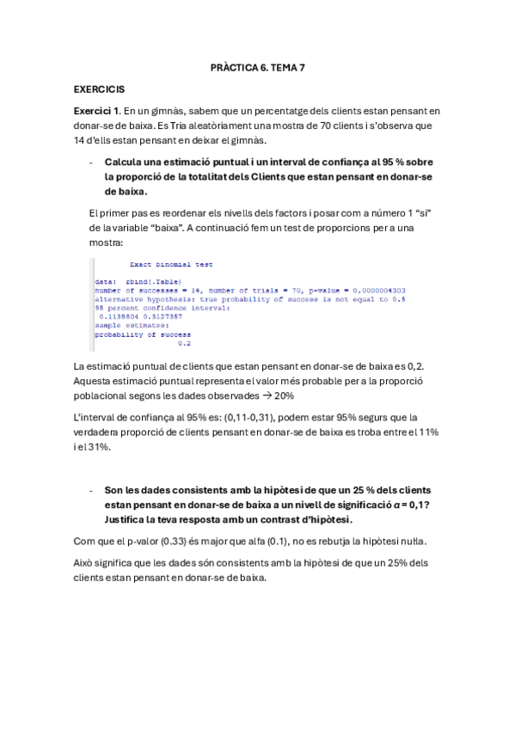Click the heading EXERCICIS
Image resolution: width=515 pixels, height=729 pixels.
(x=99, y=89)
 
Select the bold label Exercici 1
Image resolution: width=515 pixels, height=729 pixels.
(x=96, y=111)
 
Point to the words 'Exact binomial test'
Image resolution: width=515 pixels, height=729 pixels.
(x=171, y=265)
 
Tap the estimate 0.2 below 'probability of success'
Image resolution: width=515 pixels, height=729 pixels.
(x=183, y=342)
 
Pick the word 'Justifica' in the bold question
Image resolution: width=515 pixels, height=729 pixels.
(x=127, y=519)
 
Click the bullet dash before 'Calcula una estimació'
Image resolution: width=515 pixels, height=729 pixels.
(x=91, y=162)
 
